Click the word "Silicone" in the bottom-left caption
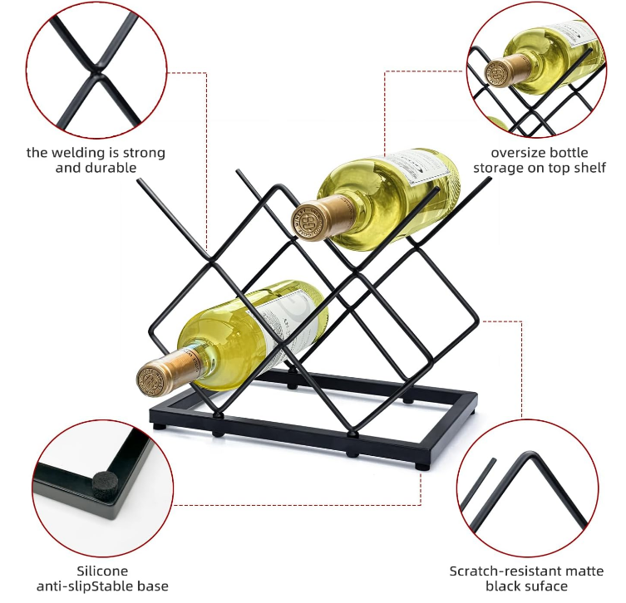(102, 571)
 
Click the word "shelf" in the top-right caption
(589, 168)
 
